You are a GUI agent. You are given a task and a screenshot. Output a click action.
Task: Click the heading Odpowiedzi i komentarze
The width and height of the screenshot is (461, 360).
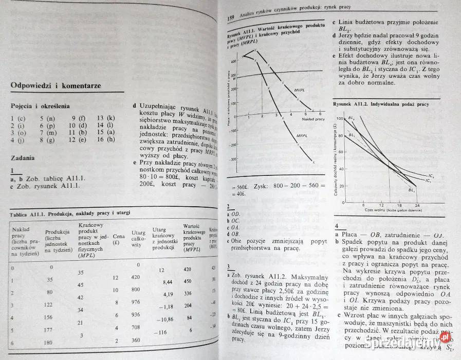pyautogui.click(x=56, y=85)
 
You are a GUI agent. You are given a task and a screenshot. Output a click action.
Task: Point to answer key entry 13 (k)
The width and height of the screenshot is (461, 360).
pyautogui.click(x=106, y=118)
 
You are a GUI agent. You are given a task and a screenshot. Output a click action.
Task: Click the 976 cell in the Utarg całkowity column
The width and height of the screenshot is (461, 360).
pyautogui.click(x=135, y=302)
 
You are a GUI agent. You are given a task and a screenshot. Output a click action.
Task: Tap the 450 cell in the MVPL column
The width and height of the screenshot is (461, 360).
pyautogui.click(x=187, y=281)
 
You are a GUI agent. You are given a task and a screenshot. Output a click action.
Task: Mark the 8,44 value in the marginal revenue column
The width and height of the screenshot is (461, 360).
pyautogui.click(x=167, y=282)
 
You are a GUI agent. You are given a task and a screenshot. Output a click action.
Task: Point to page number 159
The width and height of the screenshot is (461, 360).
pyautogui.click(x=230, y=19)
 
